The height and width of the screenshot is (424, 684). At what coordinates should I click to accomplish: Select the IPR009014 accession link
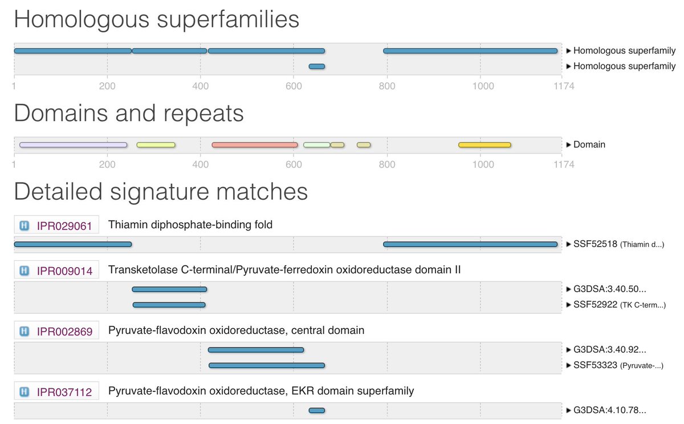tap(64, 270)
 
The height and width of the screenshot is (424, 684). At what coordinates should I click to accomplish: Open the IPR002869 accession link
tap(64, 330)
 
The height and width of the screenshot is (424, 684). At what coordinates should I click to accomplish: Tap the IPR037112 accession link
tap(64, 391)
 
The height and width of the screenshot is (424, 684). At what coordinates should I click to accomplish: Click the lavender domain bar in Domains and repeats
tap(74, 145)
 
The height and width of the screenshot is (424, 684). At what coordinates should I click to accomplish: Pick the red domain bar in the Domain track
tap(255, 145)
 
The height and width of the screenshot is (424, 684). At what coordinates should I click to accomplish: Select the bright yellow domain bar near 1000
tap(484, 145)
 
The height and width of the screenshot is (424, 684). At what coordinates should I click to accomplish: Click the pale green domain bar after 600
tap(316, 145)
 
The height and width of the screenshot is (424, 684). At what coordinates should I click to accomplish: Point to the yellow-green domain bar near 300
tap(156, 145)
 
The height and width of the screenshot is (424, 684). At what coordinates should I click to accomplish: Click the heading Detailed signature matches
tap(161, 192)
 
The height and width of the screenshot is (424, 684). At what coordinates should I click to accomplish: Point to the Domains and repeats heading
tap(129, 114)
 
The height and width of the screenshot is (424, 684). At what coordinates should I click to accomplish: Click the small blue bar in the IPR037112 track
tap(316, 410)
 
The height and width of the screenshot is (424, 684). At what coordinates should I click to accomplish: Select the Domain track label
tap(589, 145)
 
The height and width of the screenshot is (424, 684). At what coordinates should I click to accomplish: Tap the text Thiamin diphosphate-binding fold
tap(190, 225)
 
